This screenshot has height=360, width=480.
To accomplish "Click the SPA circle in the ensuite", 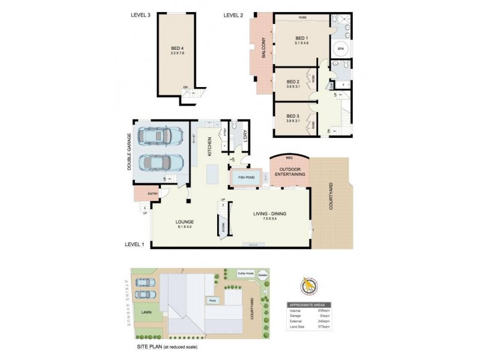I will coord(340,48).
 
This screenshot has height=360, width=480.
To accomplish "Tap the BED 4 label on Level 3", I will coord(177,48).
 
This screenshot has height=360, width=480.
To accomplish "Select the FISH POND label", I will coord(247,177).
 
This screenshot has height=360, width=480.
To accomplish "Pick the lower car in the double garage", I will coord(157,162).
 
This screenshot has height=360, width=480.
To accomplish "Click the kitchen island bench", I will coord(212,173).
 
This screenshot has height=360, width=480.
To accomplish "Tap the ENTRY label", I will coord(152,194).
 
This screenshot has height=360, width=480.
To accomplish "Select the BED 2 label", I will coord(293,82).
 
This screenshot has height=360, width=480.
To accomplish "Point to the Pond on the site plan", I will coord(212,300).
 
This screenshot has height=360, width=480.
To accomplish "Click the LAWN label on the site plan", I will coord(146,313).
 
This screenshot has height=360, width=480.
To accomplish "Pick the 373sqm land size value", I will coord(324,326).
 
